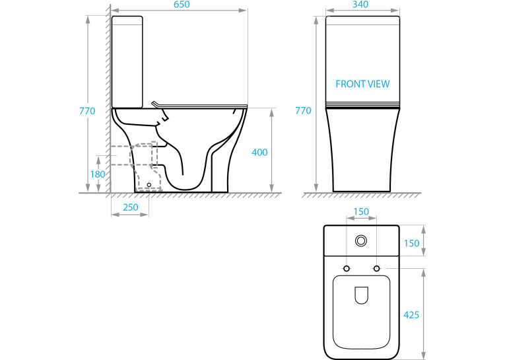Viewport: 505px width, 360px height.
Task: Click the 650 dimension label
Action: click(182, 5)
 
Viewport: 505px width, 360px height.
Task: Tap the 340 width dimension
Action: click(360, 5)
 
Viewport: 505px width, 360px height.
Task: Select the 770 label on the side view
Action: click(87, 111)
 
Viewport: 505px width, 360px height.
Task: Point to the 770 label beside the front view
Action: click(303, 110)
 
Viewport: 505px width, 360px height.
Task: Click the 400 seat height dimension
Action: click(259, 152)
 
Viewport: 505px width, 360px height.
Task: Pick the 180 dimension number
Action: click(98, 174)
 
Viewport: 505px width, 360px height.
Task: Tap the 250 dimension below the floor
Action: click(131, 207)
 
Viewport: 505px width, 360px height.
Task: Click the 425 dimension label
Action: click(411, 315)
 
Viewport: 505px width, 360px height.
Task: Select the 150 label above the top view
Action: click(361, 212)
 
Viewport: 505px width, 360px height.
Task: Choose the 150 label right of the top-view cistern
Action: click(412, 243)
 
